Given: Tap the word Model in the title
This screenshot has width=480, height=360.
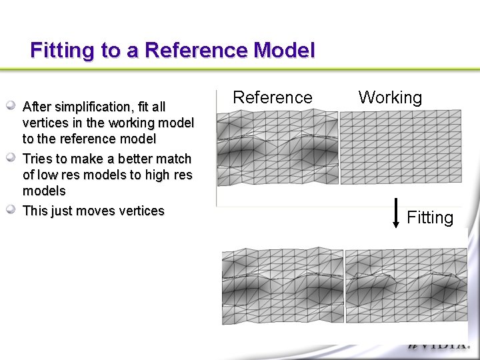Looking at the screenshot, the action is (x=283, y=51).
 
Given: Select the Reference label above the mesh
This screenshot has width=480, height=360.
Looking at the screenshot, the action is (x=273, y=98).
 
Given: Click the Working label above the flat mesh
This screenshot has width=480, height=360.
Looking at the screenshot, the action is (x=390, y=98).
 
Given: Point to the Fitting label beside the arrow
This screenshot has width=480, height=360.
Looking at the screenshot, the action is (x=430, y=218).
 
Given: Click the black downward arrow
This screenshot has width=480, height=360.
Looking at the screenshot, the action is (x=395, y=213).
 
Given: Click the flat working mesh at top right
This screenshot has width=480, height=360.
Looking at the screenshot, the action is (x=401, y=147).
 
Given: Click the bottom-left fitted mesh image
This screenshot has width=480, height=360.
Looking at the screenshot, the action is (x=282, y=287).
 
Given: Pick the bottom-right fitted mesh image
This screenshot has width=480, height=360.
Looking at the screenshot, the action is (x=406, y=287).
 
